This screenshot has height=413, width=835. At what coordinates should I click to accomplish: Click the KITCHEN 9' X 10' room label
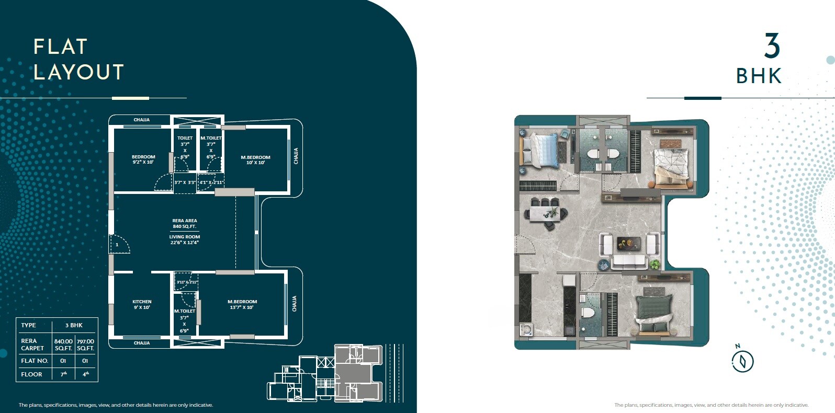click(x=142, y=304)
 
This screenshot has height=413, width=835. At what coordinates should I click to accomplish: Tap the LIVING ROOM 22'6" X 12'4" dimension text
click(x=184, y=239)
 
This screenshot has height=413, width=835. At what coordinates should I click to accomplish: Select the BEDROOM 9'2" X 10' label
click(x=143, y=159)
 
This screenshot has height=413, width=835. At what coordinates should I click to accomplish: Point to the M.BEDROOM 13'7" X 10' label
click(x=242, y=304)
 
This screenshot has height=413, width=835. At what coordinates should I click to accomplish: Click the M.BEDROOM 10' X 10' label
click(x=255, y=159)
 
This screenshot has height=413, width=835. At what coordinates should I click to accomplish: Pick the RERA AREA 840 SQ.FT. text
click(x=184, y=223)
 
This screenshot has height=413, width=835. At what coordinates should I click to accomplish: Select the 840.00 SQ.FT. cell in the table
click(x=63, y=345)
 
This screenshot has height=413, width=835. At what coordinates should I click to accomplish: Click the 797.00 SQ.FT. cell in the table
click(x=85, y=345)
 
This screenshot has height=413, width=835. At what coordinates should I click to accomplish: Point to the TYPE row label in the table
click(x=29, y=325)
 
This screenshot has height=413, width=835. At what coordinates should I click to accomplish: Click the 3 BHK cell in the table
click(x=74, y=325)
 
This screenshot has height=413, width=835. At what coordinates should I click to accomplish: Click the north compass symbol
click(x=742, y=360)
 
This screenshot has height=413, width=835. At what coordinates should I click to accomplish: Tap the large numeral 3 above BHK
click(x=772, y=47)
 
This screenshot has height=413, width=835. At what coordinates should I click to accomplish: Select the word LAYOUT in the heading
click(x=79, y=72)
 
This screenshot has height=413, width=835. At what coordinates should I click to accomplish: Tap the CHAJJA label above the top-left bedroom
click(x=141, y=120)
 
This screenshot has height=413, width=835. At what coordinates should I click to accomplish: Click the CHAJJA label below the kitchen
click(x=141, y=343)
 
